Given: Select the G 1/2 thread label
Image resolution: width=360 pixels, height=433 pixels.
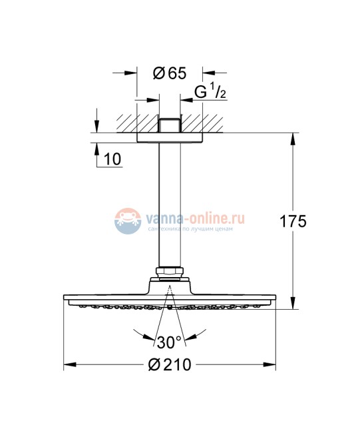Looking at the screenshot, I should (211, 92).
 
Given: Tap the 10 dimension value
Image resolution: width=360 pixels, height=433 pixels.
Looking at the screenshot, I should (113, 160).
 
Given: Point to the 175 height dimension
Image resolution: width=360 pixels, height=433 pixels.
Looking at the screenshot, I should (293, 222).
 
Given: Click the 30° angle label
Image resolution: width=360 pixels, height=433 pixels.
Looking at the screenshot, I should (169, 342).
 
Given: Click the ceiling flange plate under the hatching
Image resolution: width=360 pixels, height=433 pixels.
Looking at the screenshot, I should (170, 138).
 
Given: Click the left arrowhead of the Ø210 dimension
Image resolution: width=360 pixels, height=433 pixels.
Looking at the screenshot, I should (68, 364).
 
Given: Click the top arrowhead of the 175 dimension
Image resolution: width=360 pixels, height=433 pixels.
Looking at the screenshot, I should (293, 137).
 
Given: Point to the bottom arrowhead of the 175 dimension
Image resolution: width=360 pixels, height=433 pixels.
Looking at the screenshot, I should (293, 306).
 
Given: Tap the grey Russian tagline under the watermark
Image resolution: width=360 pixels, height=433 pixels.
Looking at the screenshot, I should (193, 228).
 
